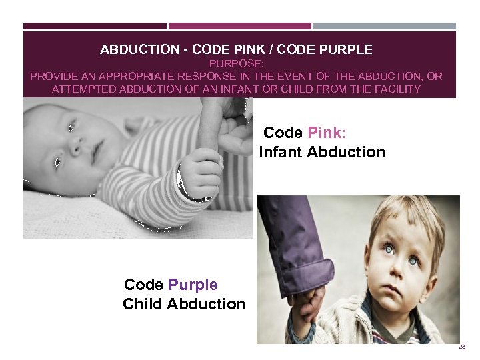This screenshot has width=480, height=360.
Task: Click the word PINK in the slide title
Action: tap(261, 50)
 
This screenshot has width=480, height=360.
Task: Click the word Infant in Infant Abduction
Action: tap(281, 152)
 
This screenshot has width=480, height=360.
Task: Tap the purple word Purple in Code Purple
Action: tap(193, 285)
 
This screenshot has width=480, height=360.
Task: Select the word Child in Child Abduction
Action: tap(143, 304)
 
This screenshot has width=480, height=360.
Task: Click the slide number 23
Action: tap(461, 348)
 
